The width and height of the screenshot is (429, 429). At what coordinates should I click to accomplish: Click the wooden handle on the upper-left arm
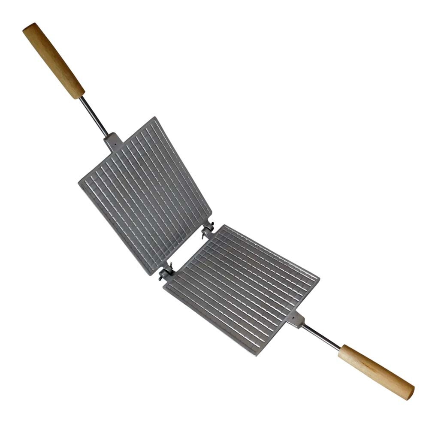(x=54, y=60)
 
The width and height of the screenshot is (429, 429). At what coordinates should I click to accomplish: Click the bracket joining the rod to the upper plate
(x=113, y=141)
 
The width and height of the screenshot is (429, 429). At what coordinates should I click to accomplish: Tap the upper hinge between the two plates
(x=208, y=230)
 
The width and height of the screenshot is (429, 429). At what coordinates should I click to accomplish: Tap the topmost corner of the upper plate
(x=153, y=118)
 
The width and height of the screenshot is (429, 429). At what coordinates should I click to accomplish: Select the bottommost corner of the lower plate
(x=257, y=355)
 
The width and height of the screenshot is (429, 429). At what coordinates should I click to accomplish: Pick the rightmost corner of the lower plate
(x=318, y=278)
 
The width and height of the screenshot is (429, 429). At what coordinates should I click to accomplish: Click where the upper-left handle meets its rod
(x=81, y=96)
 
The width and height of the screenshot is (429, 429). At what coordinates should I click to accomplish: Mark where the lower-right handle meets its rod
(x=341, y=349)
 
